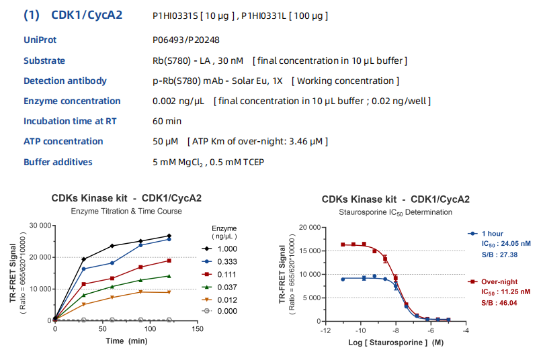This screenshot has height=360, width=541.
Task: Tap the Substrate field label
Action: point(44,60)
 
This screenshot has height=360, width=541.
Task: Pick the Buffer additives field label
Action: point(58,162)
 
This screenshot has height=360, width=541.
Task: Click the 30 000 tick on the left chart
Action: point(37,225)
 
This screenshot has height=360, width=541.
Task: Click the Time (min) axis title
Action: point(127,341)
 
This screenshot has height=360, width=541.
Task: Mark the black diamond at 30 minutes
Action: point(84,259)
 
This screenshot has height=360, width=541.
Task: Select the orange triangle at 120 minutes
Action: point(169,292)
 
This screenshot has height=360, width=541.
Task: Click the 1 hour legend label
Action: point(495,233)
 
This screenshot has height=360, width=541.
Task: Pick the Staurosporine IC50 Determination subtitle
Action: point(395,212)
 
